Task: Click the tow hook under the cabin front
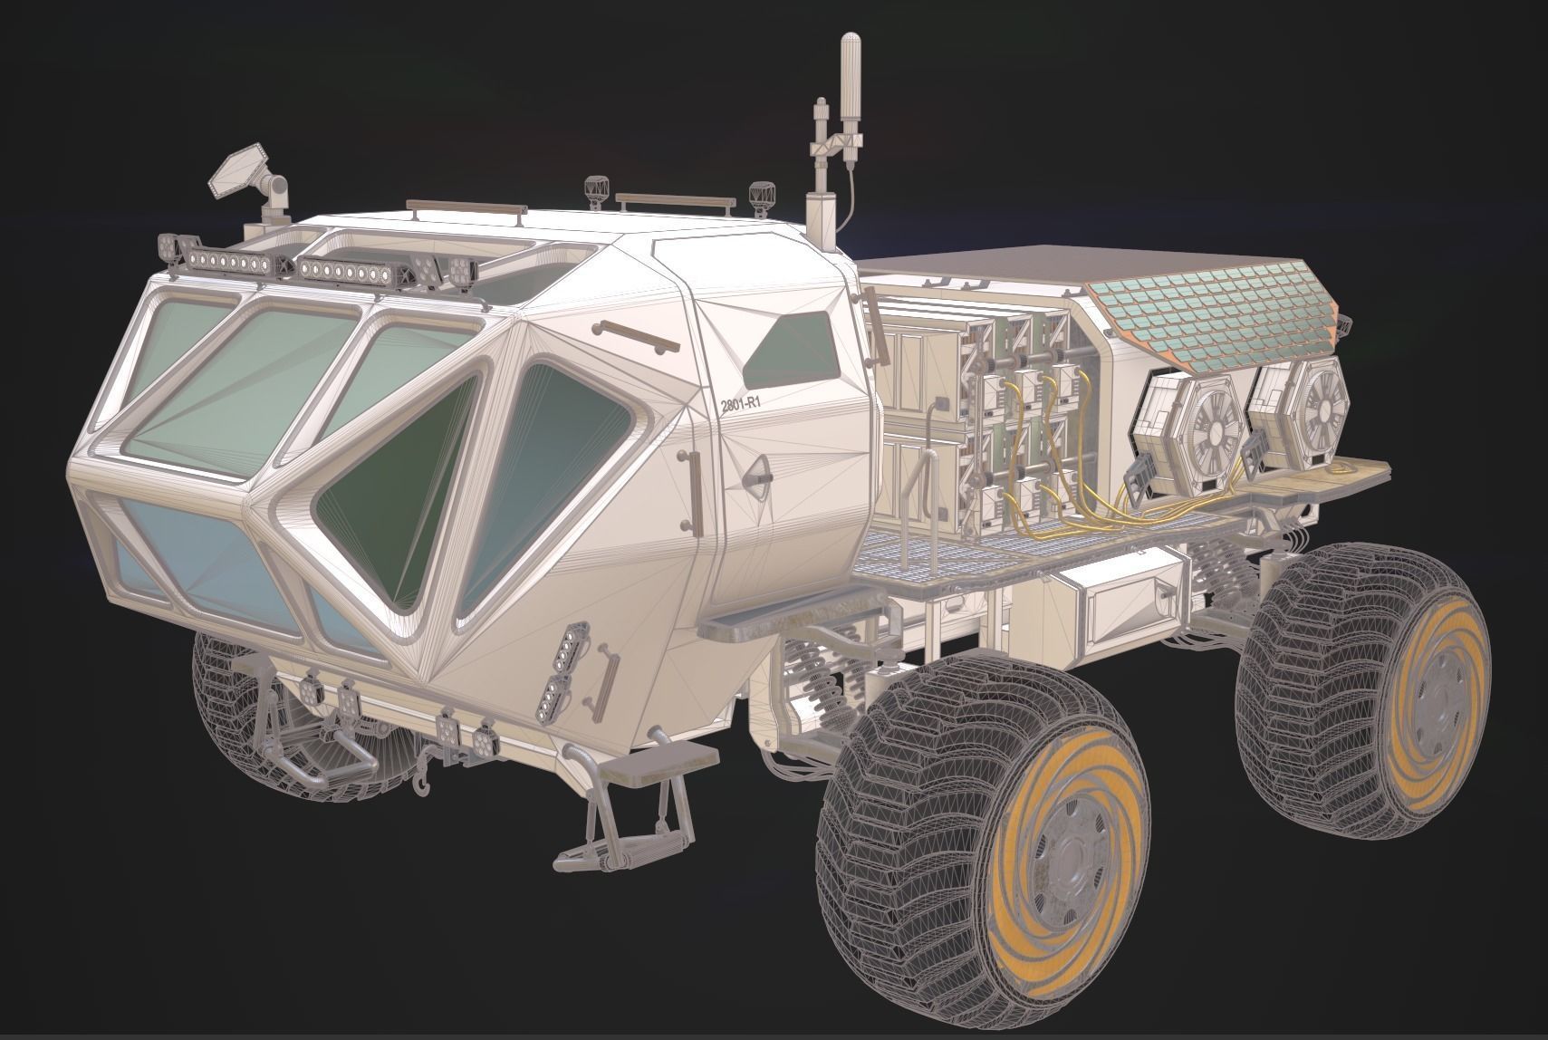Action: point(419,785)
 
